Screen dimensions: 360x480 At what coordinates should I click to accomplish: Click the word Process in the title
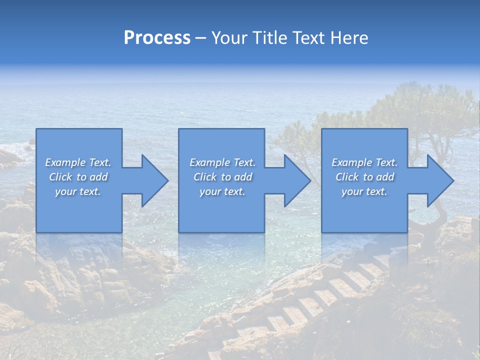pyautogui.click(x=157, y=38)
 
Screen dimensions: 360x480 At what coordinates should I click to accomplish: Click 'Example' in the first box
pyautogui.click(x=65, y=162)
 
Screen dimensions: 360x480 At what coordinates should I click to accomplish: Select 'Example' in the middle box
pyautogui.click(x=209, y=162)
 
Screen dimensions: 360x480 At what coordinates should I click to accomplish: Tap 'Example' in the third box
pyautogui.click(x=351, y=162)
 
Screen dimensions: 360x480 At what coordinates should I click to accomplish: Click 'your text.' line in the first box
pyautogui.click(x=78, y=191)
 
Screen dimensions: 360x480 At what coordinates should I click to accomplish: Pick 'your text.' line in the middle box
pyautogui.click(x=222, y=191)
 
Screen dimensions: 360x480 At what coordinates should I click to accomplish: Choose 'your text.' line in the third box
pyautogui.click(x=364, y=191)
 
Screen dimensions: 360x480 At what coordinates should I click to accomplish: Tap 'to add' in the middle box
pyautogui.click(x=236, y=177)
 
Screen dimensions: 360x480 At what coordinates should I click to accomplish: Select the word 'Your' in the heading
pyautogui.click(x=227, y=38)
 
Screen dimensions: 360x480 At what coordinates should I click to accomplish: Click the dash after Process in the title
pyautogui.click(x=200, y=38)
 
